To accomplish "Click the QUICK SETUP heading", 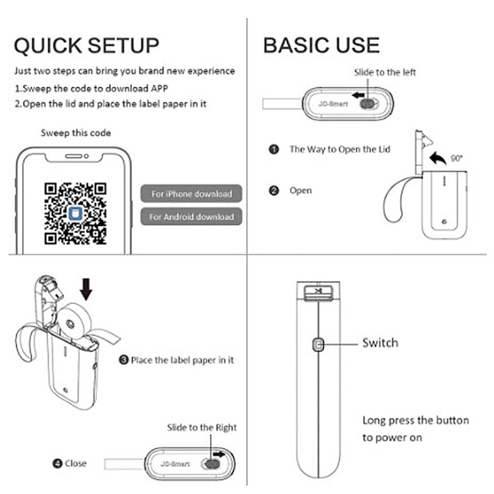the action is pos(87,46).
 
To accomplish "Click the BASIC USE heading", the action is pos(321,45).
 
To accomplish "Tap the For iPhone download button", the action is pos(191,193).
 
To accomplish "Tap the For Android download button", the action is pos(191,217).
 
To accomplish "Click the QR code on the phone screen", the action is pos(75,214).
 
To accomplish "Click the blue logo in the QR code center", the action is pos(75,214).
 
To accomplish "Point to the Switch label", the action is pos(380,343).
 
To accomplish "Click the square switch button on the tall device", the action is pos(318,345).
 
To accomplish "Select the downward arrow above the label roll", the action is pos(86,289).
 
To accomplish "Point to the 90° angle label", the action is pos(456,158).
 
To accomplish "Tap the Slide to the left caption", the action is pos(384,72).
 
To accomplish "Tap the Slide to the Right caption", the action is pos(202,427).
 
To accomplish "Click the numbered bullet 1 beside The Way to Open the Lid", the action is pos(274,149).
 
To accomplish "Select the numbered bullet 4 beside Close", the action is pos(57,464).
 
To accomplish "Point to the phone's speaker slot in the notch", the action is pos(74,156).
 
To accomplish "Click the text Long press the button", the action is pos(416,421).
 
